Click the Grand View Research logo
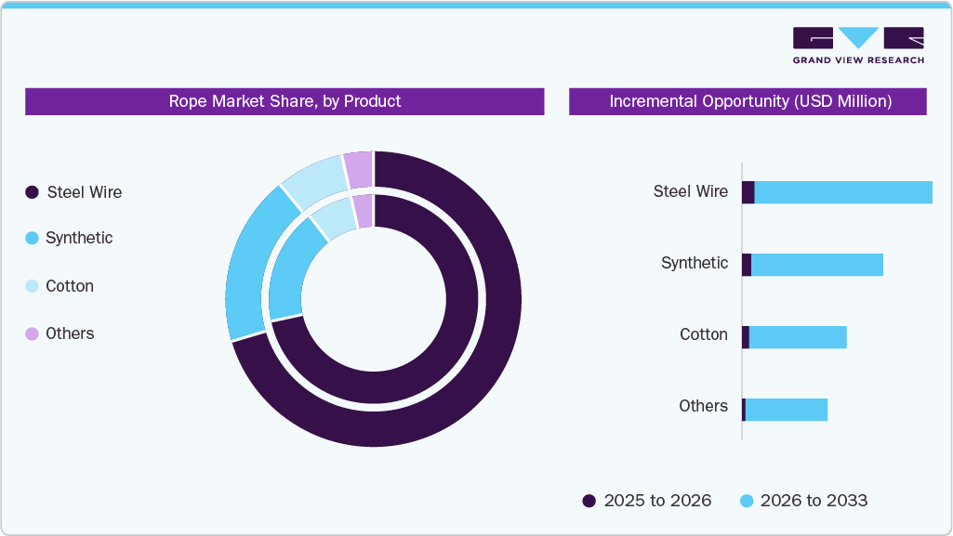(857, 45)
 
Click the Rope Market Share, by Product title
(285, 101)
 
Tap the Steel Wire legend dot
(32, 192)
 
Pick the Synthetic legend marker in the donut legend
(32, 238)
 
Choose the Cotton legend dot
(32, 286)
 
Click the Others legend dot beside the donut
(32, 333)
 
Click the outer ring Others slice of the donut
(358, 169)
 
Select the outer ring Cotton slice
(313, 181)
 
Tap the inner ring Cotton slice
(333, 219)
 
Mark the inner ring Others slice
(363, 211)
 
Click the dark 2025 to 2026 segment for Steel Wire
(748, 192)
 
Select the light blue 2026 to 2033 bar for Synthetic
(816, 265)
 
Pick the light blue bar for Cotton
(798, 337)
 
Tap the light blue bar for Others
(786, 410)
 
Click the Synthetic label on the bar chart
(695, 263)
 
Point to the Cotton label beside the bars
(704, 334)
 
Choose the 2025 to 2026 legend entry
(647, 501)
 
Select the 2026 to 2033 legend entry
(803, 501)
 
